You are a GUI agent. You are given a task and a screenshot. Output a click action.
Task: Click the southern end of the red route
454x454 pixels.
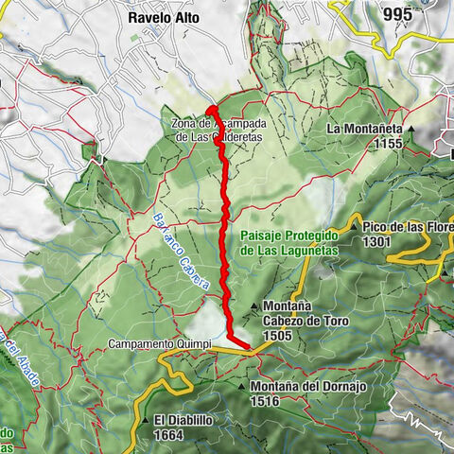coord(249,347)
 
